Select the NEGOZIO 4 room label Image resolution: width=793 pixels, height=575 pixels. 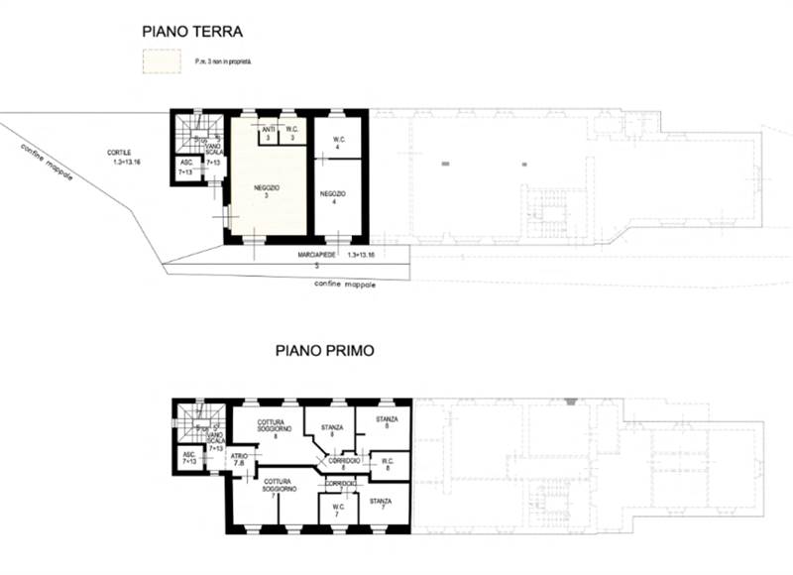click(x=333, y=197)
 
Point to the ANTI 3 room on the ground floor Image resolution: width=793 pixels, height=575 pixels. click(x=269, y=132)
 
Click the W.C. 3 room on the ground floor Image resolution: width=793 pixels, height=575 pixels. click(x=293, y=132)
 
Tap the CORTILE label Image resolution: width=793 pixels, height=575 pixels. click(x=120, y=156)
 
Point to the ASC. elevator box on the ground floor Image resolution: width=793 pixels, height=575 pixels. click(x=185, y=168)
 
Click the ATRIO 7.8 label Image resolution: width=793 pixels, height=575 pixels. click(x=239, y=460)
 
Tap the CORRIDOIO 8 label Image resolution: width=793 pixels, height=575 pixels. click(x=344, y=463)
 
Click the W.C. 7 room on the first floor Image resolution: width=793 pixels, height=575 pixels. click(x=337, y=510)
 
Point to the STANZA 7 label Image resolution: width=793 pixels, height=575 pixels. click(x=381, y=505)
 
